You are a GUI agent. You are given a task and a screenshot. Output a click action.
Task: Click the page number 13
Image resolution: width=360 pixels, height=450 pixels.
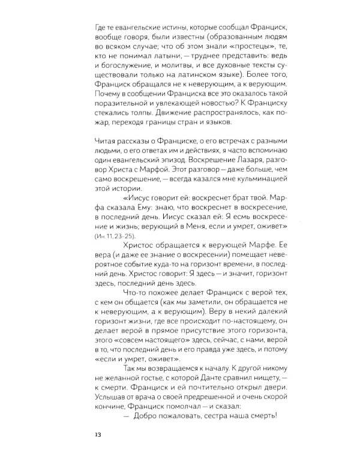click(91, 434)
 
